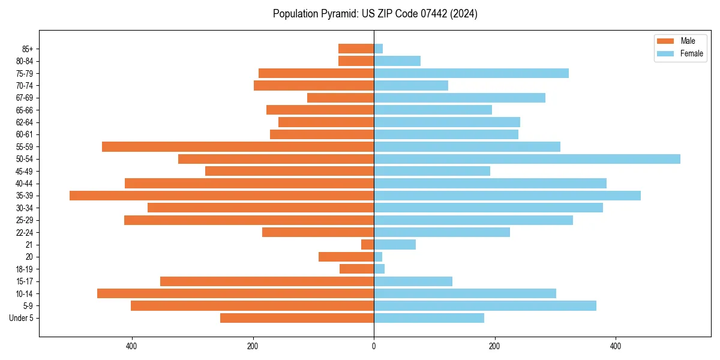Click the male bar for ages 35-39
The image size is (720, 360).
[x=221, y=196]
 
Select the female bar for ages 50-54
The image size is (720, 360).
[x=527, y=159]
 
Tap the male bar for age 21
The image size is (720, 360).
[x=367, y=245]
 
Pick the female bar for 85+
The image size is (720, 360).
[x=378, y=49]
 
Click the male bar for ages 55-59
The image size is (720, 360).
[x=238, y=146]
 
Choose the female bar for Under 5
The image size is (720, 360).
[x=428, y=318]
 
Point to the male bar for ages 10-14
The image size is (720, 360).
[x=235, y=293]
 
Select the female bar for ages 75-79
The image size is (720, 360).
[x=471, y=73]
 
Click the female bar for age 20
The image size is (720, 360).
[x=378, y=257]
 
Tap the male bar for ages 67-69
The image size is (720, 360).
[x=340, y=98]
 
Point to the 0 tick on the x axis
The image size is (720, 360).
[x=374, y=346]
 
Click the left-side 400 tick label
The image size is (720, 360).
[x=131, y=346]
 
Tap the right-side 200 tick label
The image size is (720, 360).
[x=494, y=346]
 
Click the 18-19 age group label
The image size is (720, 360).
[x=25, y=269]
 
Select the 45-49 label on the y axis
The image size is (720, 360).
[x=25, y=171]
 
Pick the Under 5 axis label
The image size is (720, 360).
[x=21, y=318]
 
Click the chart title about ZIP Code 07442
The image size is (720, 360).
[x=375, y=14]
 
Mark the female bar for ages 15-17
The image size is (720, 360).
[x=413, y=281]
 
